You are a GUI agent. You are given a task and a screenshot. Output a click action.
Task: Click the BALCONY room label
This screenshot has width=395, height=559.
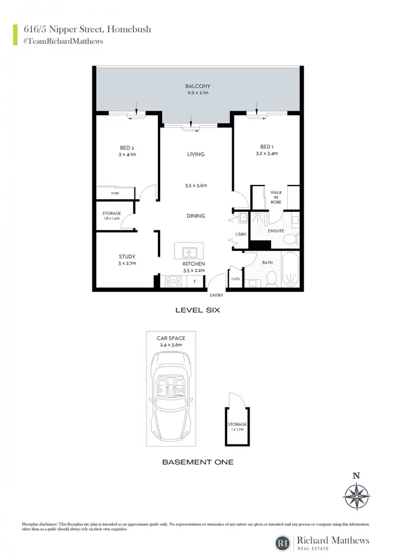click(x=198, y=86)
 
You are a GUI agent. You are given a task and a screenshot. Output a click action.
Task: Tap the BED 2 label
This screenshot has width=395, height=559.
click(x=127, y=147)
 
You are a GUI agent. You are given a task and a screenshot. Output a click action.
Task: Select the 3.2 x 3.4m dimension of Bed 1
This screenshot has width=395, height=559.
click(x=267, y=153)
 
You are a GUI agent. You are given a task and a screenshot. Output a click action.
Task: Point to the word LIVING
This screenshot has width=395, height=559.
click(x=196, y=154)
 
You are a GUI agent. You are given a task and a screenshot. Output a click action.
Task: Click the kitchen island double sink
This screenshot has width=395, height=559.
click(x=189, y=252)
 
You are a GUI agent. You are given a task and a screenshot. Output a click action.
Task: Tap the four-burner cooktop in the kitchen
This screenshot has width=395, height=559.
click(x=173, y=282)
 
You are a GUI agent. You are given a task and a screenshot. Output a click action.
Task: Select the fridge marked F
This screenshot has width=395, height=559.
click(x=195, y=282)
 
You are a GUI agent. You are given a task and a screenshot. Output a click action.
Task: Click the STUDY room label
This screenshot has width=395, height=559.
click(x=127, y=257)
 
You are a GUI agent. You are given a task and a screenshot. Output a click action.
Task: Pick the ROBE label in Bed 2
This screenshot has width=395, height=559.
click(x=115, y=193)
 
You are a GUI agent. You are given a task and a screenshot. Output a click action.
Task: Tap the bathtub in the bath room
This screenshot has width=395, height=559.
click(x=290, y=270)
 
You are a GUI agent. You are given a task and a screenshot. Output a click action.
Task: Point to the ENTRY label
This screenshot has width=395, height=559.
click(x=216, y=295)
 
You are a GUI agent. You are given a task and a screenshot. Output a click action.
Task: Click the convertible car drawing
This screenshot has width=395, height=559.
click(x=171, y=396)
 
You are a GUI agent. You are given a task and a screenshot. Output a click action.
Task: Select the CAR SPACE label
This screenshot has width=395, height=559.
click(x=171, y=338)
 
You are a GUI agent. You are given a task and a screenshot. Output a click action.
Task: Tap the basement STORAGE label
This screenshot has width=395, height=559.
click(x=237, y=424)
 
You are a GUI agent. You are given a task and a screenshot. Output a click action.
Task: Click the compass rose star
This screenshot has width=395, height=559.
click(x=356, y=496)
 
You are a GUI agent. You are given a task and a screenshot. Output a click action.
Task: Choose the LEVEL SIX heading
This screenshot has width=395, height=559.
click(x=198, y=310)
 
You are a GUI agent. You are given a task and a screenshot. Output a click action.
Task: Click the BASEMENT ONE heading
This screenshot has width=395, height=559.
click(x=198, y=462)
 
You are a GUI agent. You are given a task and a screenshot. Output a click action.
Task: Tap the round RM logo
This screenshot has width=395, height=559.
click(x=283, y=543)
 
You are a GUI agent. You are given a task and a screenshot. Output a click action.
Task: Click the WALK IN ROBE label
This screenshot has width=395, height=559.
click(x=276, y=197)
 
